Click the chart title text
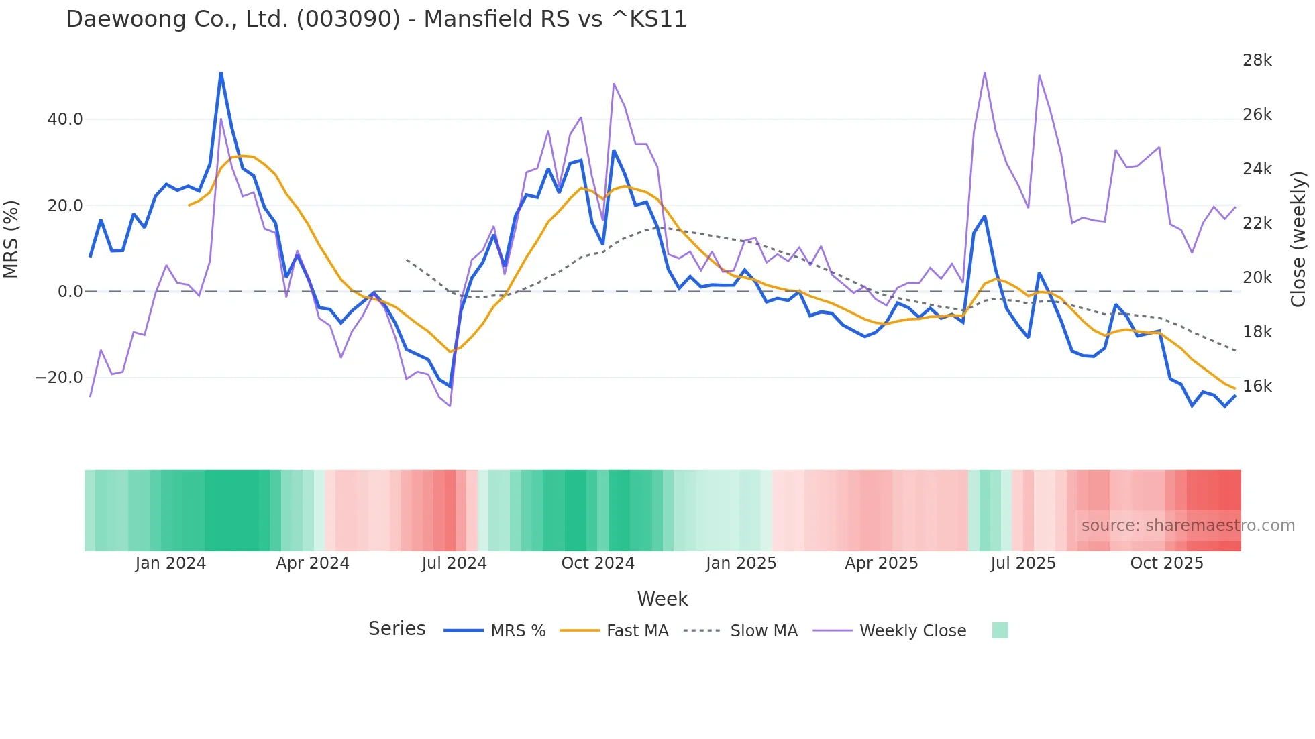tap(376, 19)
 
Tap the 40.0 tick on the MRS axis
tap(65, 119)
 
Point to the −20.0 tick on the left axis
tap(59, 378)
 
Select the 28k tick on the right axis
tap(1257, 60)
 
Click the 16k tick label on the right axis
tap(1257, 386)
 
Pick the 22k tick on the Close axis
tap(1257, 223)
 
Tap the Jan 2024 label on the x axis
tap(170, 563)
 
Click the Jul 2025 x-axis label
tap(1023, 563)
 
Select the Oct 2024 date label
tap(598, 563)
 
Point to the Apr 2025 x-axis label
tap(881, 563)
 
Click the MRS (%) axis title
tap(11, 239)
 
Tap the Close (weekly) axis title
tap(1298, 239)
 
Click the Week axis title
tap(662, 599)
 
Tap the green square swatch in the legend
tap(1000, 630)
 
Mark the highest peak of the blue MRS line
tap(221, 73)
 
